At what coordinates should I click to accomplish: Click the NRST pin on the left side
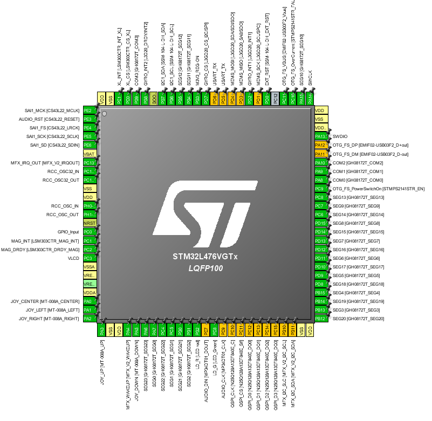[90, 223]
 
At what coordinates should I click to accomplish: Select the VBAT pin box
[90, 154]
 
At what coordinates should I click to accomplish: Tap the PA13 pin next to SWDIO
[321, 136]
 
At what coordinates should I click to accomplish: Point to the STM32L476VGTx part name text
[205, 257]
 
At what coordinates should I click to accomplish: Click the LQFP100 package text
[205, 268]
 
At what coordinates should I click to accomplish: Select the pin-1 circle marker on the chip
[105, 113]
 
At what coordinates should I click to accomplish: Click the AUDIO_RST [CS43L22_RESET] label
[49, 119]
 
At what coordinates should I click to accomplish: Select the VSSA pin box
[90, 267]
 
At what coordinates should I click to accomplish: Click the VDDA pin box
[90, 293]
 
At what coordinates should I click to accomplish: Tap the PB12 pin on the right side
[321, 319]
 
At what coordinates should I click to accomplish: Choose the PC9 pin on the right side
[321, 189]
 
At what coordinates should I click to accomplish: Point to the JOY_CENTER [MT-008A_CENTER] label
[45, 301]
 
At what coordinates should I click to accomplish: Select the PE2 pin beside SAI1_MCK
[90, 110]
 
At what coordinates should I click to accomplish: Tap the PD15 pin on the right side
[321, 223]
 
